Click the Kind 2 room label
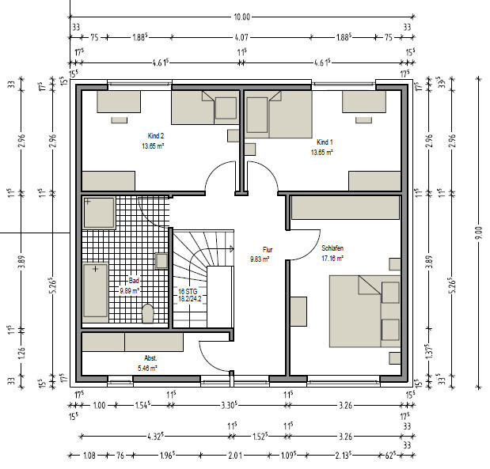pyautogui.click(x=156, y=136)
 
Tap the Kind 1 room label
pyautogui.click(x=325, y=142)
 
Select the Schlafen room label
pyautogui.click(x=332, y=248)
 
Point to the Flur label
pyautogui.click(x=268, y=250)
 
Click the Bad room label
pyautogui.click(x=134, y=281)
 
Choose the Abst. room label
pyautogui.click(x=150, y=358)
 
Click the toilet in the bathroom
pyautogui.click(x=148, y=313)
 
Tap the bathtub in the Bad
pyautogui.click(x=95, y=290)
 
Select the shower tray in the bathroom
pyautogui.click(x=99, y=213)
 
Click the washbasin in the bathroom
pyautogui.click(x=161, y=261)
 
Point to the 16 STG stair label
pyautogui.click(x=188, y=292)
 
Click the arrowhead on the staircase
pyautogui.click(x=232, y=249)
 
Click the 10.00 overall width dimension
pyautogui.click(x=242, y=17)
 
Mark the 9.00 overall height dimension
pyautogui.click(x=480, y=233)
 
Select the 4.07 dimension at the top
pyautogui.click(x=241, y=37)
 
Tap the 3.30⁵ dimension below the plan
pyautogui.click(x=230, y=405)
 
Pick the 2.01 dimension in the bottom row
pyautogui.click(x=235, y=456)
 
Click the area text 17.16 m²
pyautogui.click(x=332, y=259)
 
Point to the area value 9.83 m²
pyautogui.click(x=260, y=259)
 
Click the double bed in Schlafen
pyautogui.click(x=365, y=312)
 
